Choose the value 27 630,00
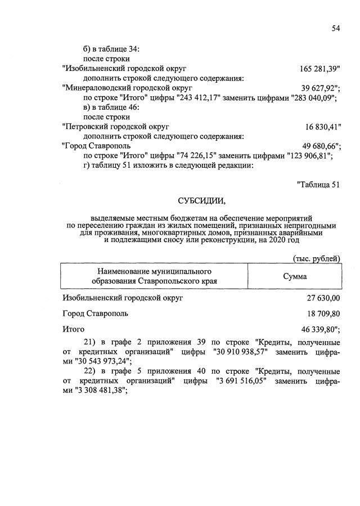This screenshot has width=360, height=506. (x=322, y=297)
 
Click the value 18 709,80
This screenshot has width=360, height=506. (x=322, y=313)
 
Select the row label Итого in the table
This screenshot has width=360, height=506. (x=73, y=329)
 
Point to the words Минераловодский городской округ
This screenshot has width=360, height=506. (x=128, y=88)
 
